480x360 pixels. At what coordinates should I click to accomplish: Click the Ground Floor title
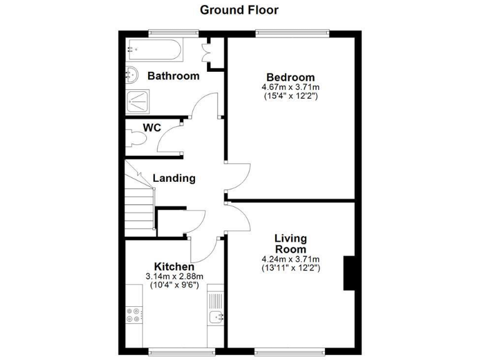coord(239,10)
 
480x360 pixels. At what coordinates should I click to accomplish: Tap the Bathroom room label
coord(173,76)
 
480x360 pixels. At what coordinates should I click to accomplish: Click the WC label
coord(152,128)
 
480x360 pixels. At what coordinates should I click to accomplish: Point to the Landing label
coord(174,179)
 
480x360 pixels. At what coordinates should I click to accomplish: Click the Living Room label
coord(291,244)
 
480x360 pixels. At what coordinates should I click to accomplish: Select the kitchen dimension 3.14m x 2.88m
coord(174,277)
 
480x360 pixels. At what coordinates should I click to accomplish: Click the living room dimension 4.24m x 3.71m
coord(291,259)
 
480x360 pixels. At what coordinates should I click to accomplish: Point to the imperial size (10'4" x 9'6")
coord(174,286)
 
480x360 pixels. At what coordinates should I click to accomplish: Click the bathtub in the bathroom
coord(153,48)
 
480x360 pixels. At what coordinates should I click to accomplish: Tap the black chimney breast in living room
coord(349,272)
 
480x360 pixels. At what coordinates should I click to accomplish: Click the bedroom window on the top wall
coord(292,32)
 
